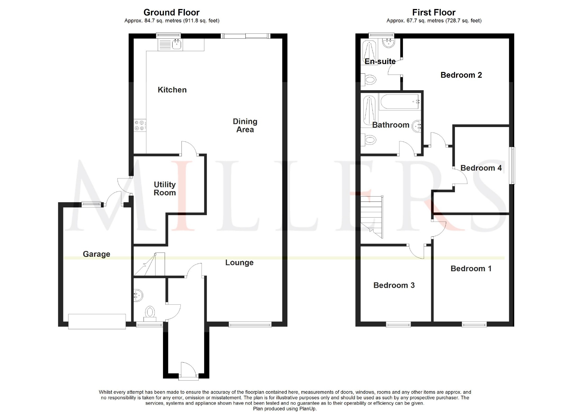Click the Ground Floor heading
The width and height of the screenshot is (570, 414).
[x=171, y=13]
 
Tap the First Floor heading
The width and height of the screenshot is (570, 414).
[x=433, y=13]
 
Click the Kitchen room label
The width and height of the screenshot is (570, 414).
[x=172, y=90]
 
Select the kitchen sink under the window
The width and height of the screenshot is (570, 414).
[x=177, y=44]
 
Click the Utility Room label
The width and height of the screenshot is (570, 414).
[x=165, y=189]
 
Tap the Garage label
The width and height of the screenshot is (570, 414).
[x=96, y=254]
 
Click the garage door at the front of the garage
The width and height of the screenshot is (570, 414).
[x=97, y=321]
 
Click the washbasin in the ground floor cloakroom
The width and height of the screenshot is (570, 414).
[x=138, y=295]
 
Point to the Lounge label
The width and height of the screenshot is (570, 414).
[x=239, y=263]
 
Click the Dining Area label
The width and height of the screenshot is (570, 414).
[x=245, y=126]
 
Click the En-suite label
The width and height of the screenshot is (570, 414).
[x=380, y=61]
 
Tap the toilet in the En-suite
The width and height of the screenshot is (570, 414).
[x=369, y=80]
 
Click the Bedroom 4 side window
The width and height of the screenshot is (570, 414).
[x=513, y=166]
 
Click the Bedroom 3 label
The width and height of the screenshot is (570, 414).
[x=394, y=285]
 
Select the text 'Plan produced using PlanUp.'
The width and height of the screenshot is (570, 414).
[x=285, y=409]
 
